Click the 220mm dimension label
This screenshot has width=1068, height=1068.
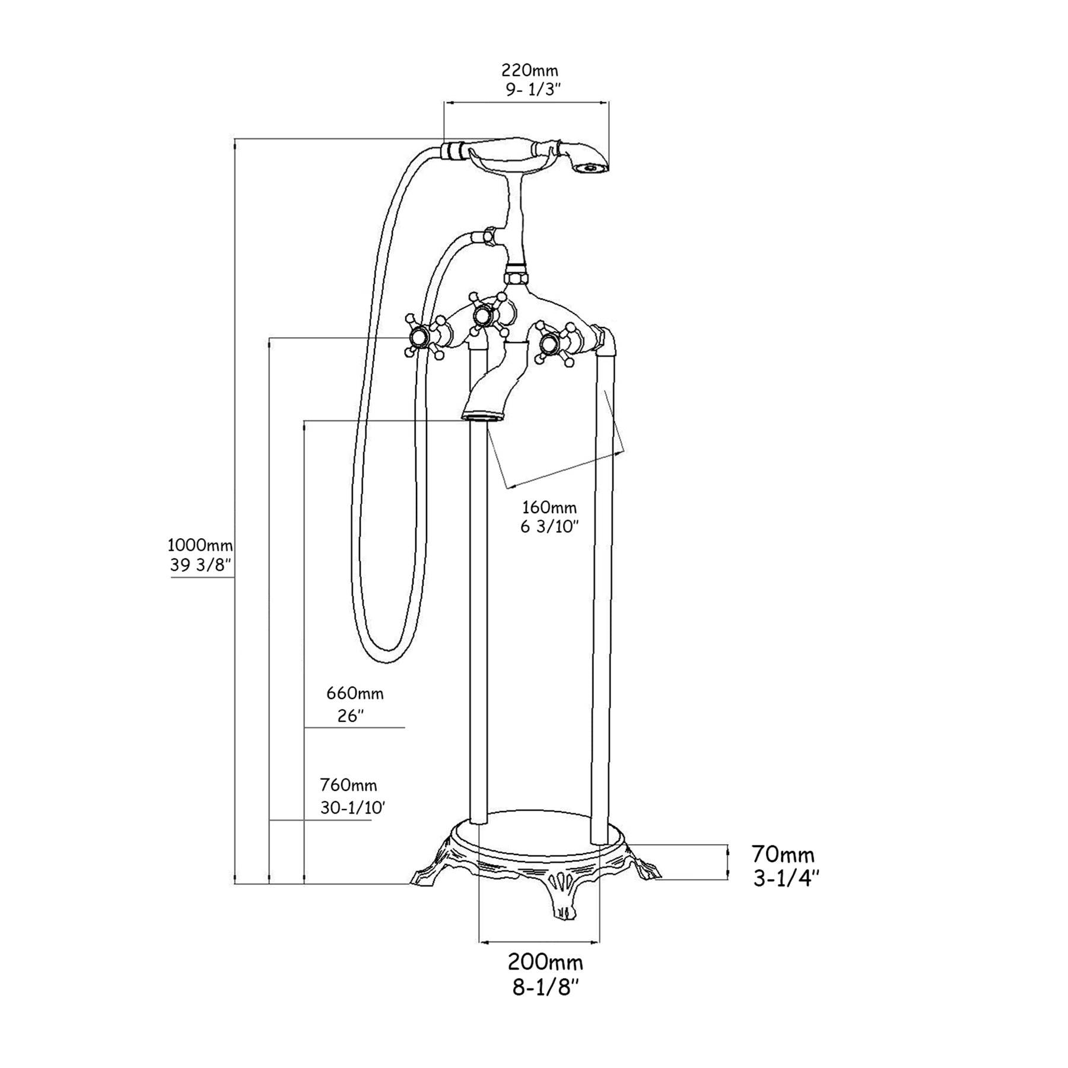530,71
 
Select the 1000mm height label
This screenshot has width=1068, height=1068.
200,544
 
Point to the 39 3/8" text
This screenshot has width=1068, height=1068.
200,565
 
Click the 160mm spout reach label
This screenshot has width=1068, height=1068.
549,507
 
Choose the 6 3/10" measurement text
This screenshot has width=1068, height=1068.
549,527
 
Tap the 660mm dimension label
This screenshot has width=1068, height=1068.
355,693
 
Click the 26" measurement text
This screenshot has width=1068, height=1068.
350,716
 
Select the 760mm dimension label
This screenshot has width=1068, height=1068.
348,785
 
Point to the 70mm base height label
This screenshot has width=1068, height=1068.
783,855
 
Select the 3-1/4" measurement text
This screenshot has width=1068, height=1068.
786,878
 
